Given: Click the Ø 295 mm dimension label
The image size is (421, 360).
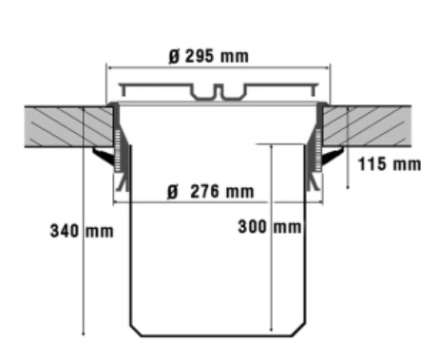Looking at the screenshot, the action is [208, 56].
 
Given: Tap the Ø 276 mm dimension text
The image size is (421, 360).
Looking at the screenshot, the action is [211, 192].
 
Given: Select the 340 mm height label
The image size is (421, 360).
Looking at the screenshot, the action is [82, 231].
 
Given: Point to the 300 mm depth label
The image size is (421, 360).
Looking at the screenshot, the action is [270, 227].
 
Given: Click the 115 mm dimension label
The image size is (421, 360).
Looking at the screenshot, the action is [390, 164].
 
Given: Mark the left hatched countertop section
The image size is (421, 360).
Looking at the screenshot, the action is [69, 126].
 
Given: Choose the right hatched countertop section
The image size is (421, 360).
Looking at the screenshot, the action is [367, 125].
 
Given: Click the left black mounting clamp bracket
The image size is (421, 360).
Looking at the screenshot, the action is [104, 156].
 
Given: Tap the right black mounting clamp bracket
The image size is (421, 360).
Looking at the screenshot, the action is [332, 155].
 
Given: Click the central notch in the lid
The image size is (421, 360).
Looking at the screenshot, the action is [218, 90].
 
